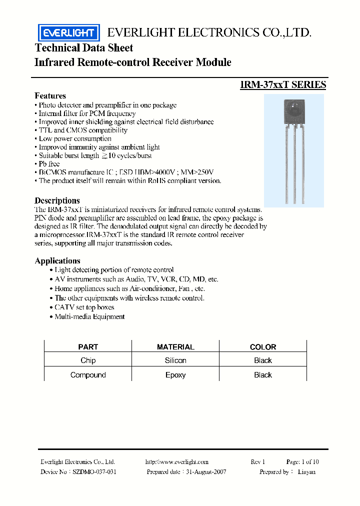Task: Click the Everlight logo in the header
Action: (x=69, y=33)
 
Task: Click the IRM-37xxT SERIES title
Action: (x=283, y=84)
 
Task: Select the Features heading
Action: (x=50, y=95)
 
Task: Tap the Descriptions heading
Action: (x=57, y=200)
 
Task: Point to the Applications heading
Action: (x=57, y=260)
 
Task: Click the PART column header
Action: (x=88, y=346)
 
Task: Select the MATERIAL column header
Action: (x=175, y=346)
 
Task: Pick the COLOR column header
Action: (x=262, y=346)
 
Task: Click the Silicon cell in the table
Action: (x=175, y=360)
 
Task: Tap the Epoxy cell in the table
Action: (x=175, y=375)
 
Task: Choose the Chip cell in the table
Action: (x=88, y=360)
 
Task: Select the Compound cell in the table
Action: (x=88, y=375)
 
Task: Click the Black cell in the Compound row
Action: (x=262, y=375)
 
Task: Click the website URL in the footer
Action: (x=176, y=462)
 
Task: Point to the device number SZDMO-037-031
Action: (x=94, y=471)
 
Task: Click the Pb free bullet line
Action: (x=49, y=164)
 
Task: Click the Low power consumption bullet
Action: (x=75, y=138)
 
